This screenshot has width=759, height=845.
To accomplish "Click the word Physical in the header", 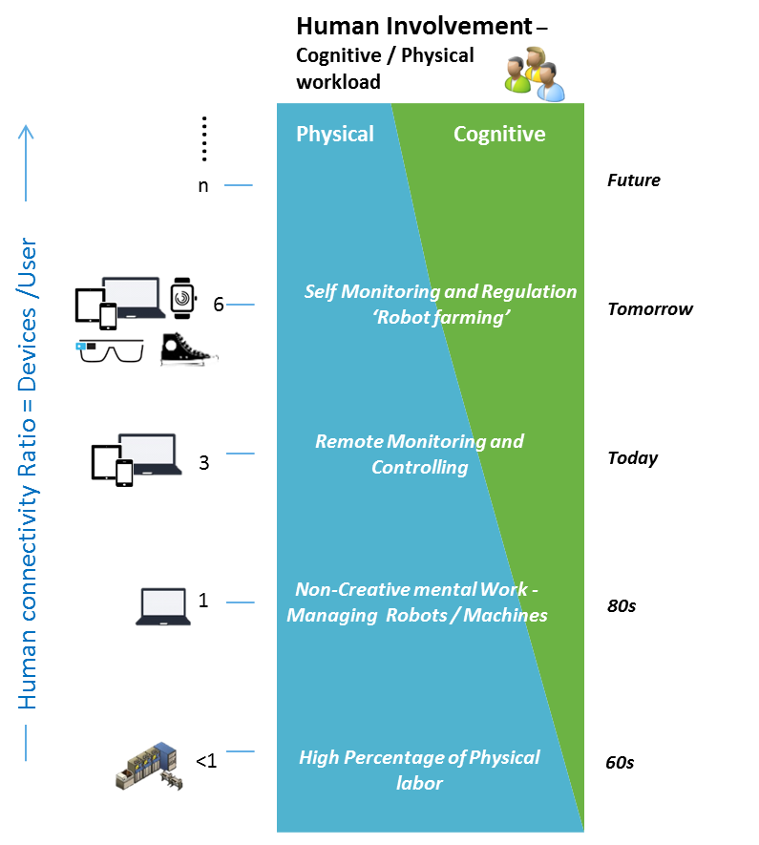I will click(x=334, y=134).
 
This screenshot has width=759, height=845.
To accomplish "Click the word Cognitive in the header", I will click(x=499, y=134).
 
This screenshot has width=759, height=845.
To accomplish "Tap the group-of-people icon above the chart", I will click(x=535, y=74).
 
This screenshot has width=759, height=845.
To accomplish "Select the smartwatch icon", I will click(x=182, y=298).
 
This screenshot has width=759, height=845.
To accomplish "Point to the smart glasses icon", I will click(x=111, y=351).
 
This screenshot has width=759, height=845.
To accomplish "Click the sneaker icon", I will click(x=188, y=350).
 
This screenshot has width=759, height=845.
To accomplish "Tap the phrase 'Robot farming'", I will click(x=440, y=317).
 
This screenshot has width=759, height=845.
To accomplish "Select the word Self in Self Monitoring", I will click(x=321, y=291).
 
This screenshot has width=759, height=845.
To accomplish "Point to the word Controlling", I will click(x=419, y=467).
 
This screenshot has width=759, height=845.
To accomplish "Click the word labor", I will click(x=419, y=783).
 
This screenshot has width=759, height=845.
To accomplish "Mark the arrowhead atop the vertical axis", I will click(x=26, y=132).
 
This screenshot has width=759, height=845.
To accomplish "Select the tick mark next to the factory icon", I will click(x=240, y=751).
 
